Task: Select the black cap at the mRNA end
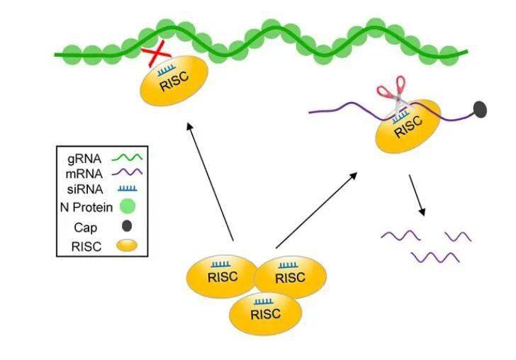coord(479,109)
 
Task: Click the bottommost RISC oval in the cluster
coord(265,313)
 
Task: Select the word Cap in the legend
coord(84,227)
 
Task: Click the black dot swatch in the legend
coord(127,227)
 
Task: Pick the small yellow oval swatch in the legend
coord(128,247)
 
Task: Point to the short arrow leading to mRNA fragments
coord(417,196)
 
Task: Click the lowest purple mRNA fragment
coord(434,256)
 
